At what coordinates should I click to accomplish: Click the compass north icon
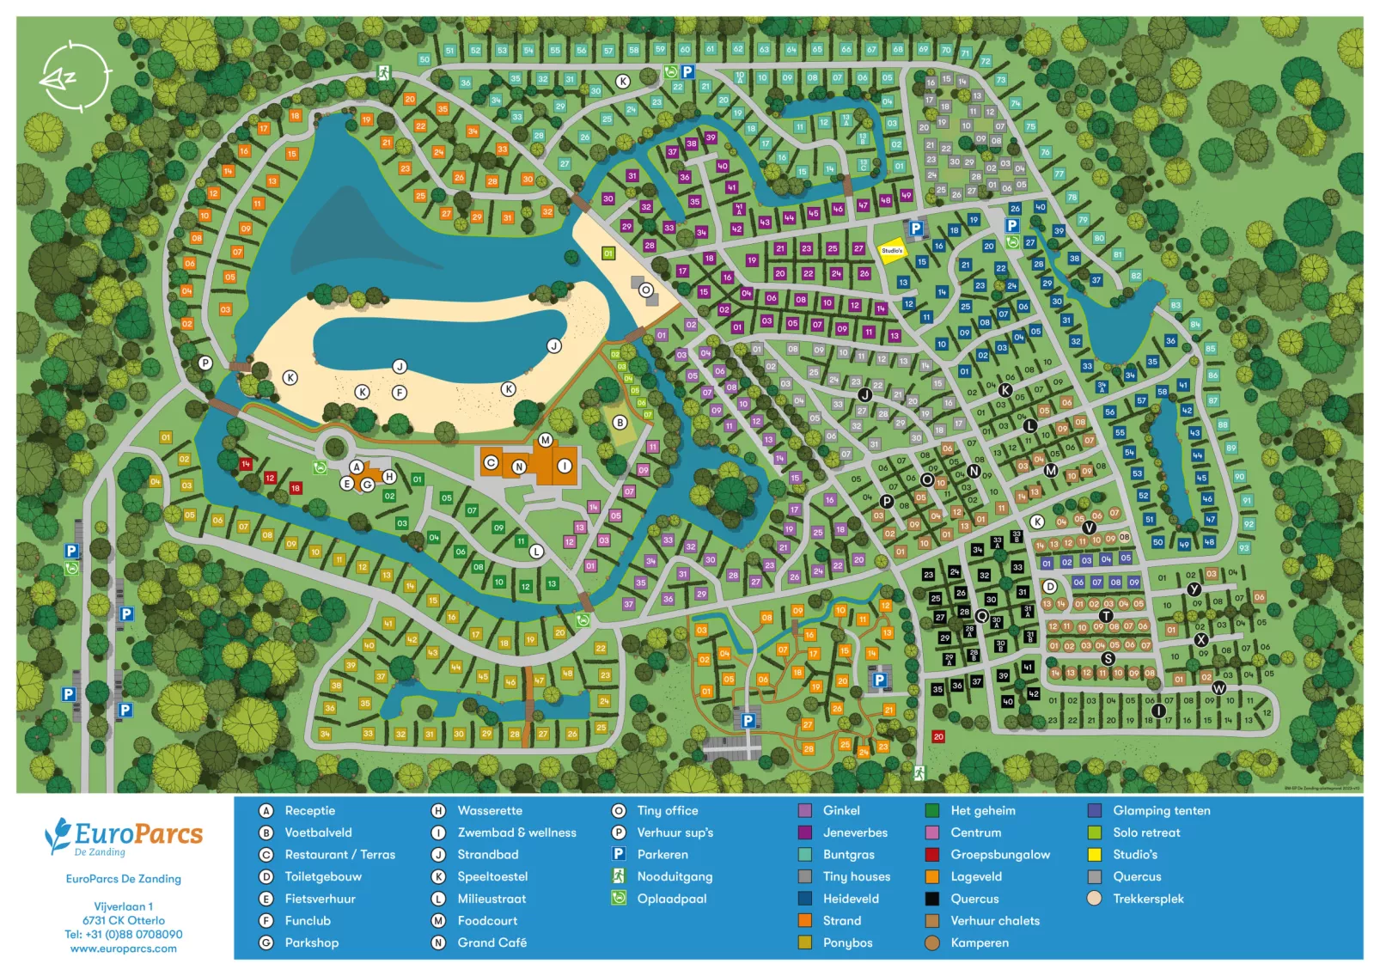pyautogui.click(x=75, y=77)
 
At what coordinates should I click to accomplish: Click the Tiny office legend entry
pyautogui.click(x=667, y=810)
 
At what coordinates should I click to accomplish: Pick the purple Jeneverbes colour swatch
pyautogui.click(x=805, y=833)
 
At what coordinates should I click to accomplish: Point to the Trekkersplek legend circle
pyautogui.click(x=1094, y=899)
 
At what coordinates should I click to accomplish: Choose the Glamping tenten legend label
pyautogui.click(x=1161, y=810)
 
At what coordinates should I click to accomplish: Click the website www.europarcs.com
pyautogui.click(x=124, y=949)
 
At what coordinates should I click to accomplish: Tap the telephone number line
pyautogui.click(x=124, y=934)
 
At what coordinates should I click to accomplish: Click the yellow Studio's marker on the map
pyautogui.click(x=892, y=251)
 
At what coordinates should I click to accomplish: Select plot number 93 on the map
pyautogui.click(x=1243, y=547)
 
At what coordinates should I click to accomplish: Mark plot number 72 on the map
pyautogui.click(x=986, y=61)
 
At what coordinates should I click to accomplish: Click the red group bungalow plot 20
pyautogui.click(x=938, y=736)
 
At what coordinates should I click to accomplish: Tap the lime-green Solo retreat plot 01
pyautogui.click(x=608, y=253)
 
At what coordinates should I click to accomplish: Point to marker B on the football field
pyautogui.click(x=620, y=423)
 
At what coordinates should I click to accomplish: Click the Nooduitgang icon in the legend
pyautogui.click(x=619, y=875)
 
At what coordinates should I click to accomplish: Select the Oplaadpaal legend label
pyautogui.click(x=671, y=899)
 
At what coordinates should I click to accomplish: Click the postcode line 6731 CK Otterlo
pyautogui.click(x=124, y=920)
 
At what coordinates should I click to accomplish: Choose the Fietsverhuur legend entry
pyautogui.click(x=320, y=899)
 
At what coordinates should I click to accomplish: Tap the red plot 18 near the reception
pyautogui.click(x=295, y=488)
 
